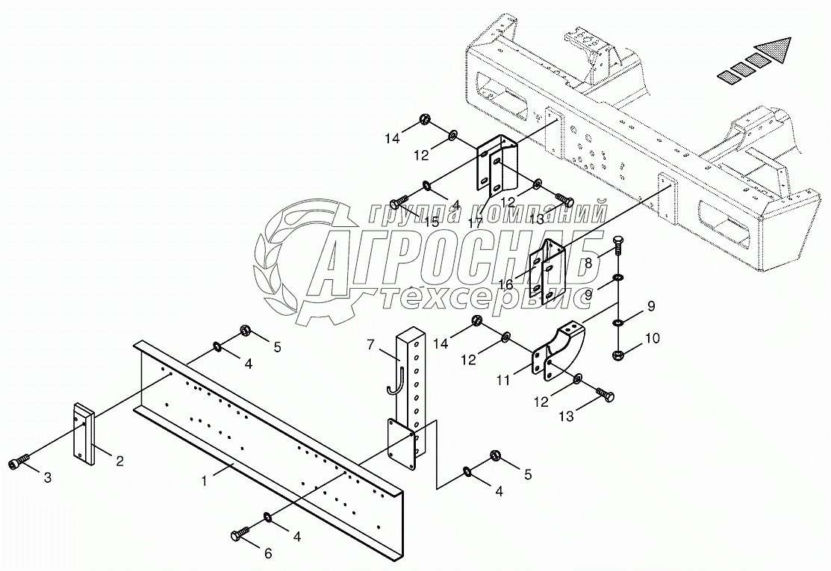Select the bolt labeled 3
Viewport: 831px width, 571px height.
click(21, 465)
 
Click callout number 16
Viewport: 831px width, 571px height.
click(506, 284)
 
